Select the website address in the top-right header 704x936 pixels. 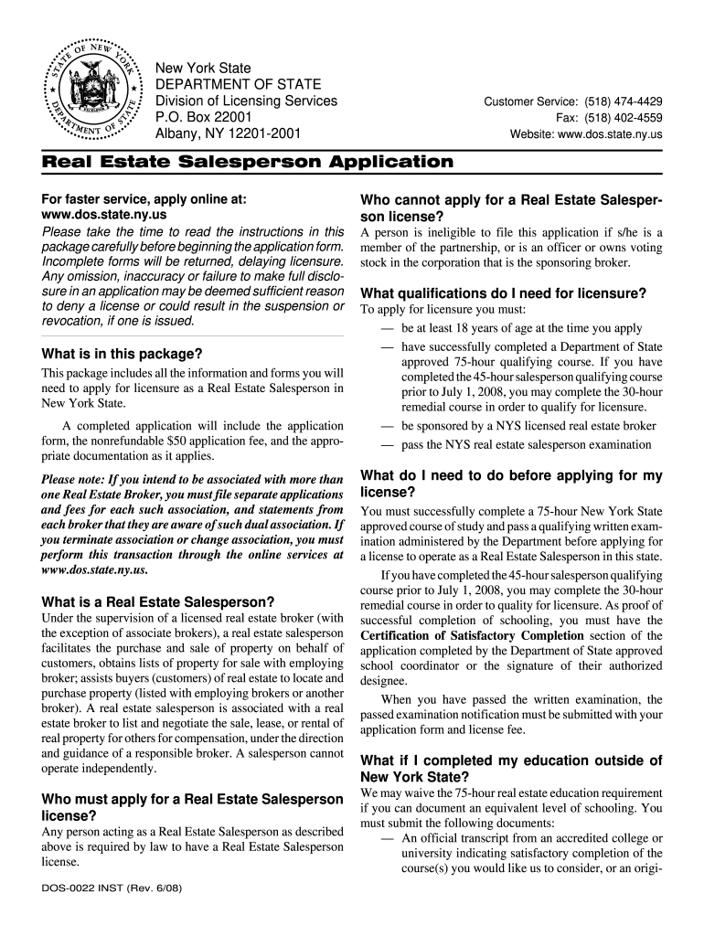coord(618,135)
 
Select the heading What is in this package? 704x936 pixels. coord(123,354)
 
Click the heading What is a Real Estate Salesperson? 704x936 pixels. coord(158,601)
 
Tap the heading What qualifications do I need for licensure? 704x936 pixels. coord(504,293)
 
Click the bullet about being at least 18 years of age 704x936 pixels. coord(521,328)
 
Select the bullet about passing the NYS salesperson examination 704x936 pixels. coord(526,445)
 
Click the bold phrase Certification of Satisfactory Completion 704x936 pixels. coord(464,635)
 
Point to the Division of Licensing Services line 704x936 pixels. coord(245,101)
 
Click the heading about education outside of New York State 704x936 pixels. coord(511,769)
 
